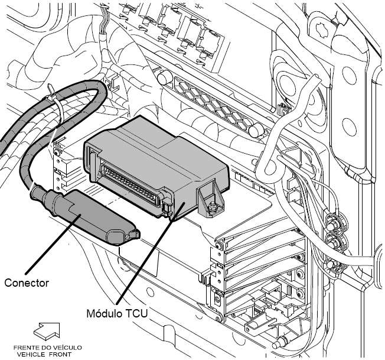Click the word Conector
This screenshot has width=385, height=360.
coord(27,283)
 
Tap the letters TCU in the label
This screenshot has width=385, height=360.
coord(137,314)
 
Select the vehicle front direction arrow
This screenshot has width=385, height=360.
coord(47,332)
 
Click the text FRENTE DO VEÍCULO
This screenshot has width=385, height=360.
coord(47,348)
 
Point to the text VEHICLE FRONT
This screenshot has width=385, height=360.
coord(44,354)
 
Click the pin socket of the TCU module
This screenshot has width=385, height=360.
coord(130,184)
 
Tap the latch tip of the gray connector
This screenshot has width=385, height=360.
coord(134,235)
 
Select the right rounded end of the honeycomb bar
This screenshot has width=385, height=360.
coord(255,129)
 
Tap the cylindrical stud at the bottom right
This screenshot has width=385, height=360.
coord(279,342)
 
